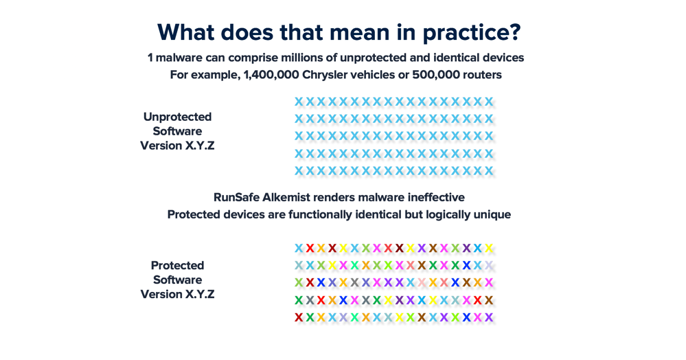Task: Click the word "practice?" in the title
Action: pyautogui.click(x=472, y=33)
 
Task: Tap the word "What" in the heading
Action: pyautogui.click(x=185, y=32)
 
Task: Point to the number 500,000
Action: pyautogui.click(x=433, y=75)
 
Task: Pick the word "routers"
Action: pyautogui.click(x=479, y=75)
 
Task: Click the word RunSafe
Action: pyautogui.click(x=236, y=197)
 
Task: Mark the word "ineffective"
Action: pyautogui.click(x=436, y=197)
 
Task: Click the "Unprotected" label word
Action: pyautogui.click(x=177, y=117)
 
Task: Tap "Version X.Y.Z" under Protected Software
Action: pyautogui.click(x=177, y=294)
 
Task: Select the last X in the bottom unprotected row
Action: pyautogui.click(x=489, y=171)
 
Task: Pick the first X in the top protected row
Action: pyautogui.click(x=299, y=248)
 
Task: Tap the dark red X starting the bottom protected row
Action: pyautogui.click(x=299, y=317)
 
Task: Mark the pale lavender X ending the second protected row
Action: pyautogui.click(x=489, y=265)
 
